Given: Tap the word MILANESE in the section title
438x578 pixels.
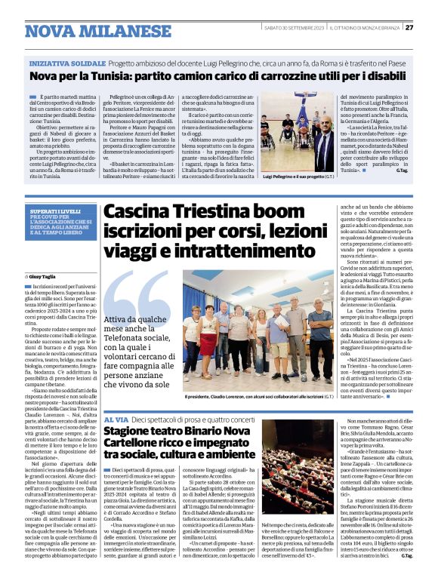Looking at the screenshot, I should coord(123,32).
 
